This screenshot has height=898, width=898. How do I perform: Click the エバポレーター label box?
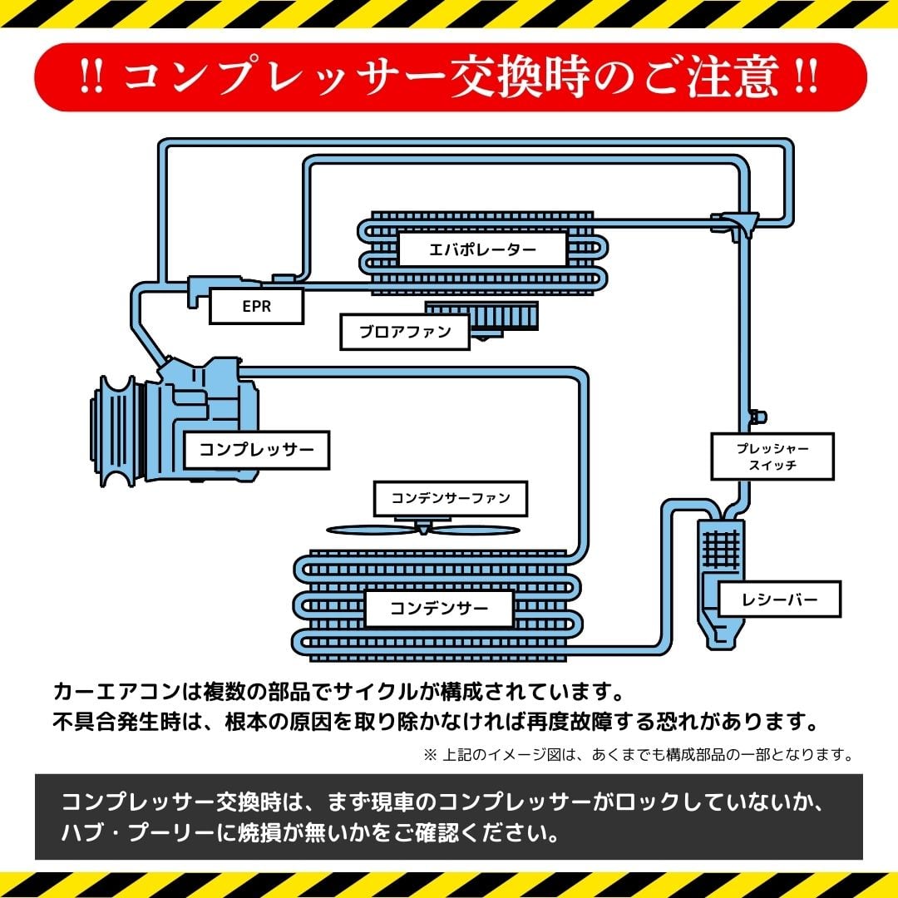click(482, 249)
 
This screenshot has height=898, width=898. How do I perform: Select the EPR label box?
click(256, 306)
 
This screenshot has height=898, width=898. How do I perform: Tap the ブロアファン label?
click(405, 332)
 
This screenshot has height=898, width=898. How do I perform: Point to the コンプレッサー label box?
click(256, 451)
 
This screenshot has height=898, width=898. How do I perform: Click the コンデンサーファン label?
click(450, 499)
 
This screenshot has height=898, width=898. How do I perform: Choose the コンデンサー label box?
click(439, 609)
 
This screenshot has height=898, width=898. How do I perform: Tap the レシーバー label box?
click(779, 599)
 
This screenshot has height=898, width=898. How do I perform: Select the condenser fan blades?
click(422, 530)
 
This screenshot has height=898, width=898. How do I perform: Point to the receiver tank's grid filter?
click(720, 549)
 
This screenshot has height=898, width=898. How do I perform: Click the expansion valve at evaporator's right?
click(734, 223)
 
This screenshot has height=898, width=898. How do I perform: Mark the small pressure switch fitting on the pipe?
click(757, 415)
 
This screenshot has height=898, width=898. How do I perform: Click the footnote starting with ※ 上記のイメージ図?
click(639, 755)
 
